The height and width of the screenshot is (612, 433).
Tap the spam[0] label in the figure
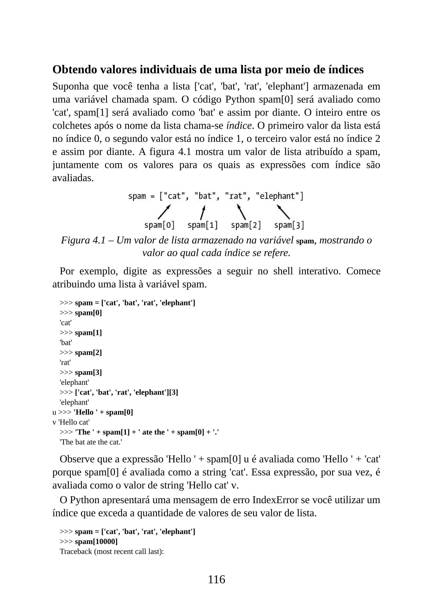pos(159,225)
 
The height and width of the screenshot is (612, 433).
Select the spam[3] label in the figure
pos(289,225)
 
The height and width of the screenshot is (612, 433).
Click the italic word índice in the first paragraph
pos(239,126)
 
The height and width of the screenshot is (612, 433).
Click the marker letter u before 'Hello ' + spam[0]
pos(54,412)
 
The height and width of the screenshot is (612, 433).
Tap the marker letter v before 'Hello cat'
pos(54,422)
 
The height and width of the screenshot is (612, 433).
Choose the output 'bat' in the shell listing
pos(66,343)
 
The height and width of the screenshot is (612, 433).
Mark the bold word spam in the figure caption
pos(305,241)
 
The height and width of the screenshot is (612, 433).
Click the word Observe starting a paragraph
pos(77,459)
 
